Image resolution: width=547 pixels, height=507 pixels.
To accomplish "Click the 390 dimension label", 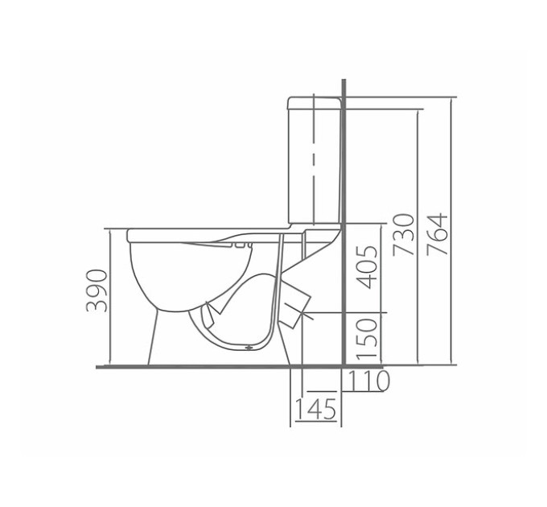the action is click(97, 291).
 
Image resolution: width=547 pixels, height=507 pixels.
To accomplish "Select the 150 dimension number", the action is click(367, 339).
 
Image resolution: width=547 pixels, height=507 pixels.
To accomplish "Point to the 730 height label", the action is click(404, 235).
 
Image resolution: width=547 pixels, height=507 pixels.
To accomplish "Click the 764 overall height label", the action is click(437, 234).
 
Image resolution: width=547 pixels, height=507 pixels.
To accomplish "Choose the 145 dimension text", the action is click(315, 409).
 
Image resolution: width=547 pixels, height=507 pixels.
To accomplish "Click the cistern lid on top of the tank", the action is click(314, 103).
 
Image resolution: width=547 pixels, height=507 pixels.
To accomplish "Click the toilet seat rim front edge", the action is click(130, 235).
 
